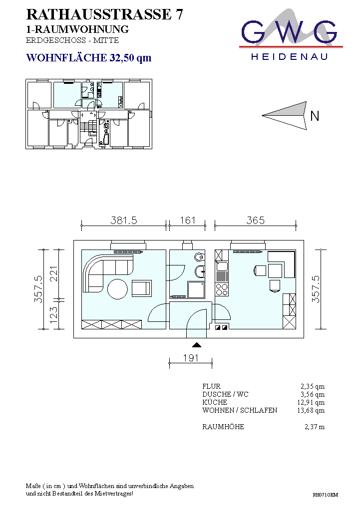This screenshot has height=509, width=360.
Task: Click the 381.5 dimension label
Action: pos(124,221)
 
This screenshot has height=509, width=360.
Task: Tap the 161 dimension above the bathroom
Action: pos(187,221)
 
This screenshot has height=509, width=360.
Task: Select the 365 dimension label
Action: pos(255,221)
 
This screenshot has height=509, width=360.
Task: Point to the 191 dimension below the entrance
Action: pos(190,358)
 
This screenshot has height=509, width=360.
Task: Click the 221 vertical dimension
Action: pos(53,273)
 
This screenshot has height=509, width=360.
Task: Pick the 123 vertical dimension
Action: pos(53,315)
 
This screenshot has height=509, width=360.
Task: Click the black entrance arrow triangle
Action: pos(196,345)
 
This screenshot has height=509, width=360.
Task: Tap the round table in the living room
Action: pos(118,289)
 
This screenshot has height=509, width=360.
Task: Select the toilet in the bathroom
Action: pos(200,257)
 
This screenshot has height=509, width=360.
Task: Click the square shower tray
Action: pos(196,289)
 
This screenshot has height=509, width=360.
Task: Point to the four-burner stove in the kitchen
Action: pos(222,289)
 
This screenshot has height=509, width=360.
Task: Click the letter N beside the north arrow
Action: pos(315,116)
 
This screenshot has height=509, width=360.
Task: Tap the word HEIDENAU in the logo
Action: pos(289,57)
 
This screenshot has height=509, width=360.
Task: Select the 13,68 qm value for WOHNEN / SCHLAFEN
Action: pos(311,410)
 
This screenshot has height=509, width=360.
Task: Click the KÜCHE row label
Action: pos(215,402)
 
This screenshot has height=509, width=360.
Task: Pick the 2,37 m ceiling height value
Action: pos(315,427)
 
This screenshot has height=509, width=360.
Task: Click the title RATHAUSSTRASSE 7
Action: pos(104,14)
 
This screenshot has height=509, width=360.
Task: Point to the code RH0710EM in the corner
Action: pos(325,495)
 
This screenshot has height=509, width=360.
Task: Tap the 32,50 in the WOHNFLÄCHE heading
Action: pos(121,58)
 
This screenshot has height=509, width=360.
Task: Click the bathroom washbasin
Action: pos(200,271)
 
